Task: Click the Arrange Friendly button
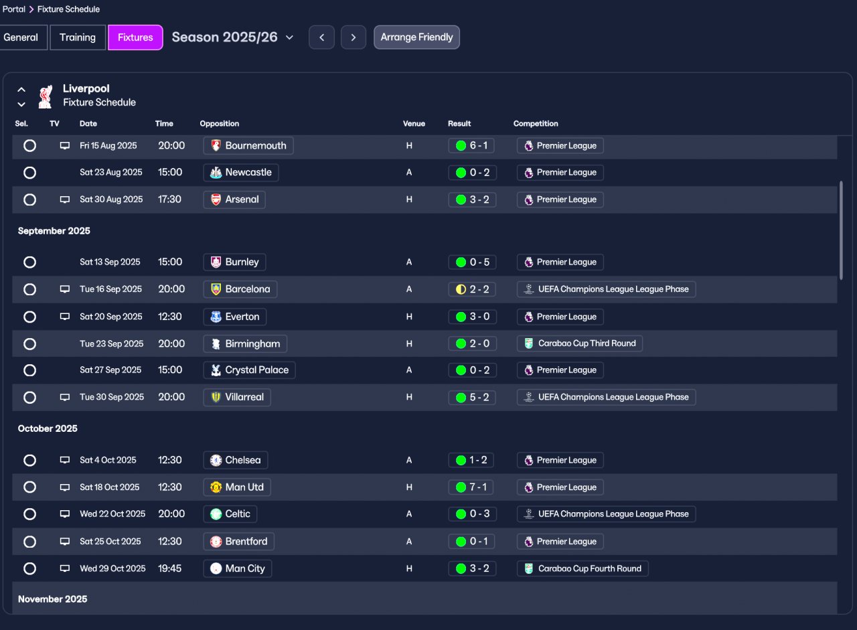click(416, 37)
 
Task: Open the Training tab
click(78, 37)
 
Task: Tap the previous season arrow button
click(322, 37)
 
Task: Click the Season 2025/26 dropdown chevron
click(290, 37)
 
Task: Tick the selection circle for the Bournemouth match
click(30, 146)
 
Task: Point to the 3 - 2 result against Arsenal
click(472, 200)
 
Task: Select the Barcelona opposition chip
click(240, 289)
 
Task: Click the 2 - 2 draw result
click(472, 290)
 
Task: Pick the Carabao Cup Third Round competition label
click(580, 343)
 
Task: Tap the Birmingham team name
click(252, 344)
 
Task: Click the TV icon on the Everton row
click(65, 317)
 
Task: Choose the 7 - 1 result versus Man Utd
click(471, 487)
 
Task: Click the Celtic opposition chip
click(230, 514)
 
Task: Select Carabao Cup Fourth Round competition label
click(582, 569)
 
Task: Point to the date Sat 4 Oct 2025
click(108, 460)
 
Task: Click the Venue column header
click(414, 124)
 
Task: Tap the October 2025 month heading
click(48, 428)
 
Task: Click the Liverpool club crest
click(46, 96)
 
